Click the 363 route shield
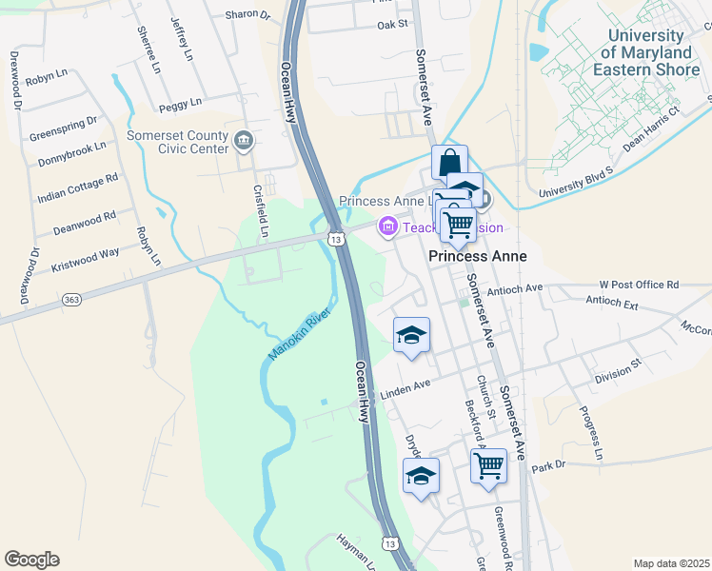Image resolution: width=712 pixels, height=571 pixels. pos(71,300)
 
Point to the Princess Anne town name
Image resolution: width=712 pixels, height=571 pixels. pos(477,257)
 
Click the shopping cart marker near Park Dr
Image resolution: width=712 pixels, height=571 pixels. pos(488,466)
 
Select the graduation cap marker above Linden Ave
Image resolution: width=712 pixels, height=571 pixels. pos(411,335)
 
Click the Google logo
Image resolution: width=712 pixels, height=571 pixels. pos(31,560)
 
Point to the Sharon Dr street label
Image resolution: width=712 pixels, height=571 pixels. pos(247,15)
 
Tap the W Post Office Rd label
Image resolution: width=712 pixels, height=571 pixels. pos(639,285)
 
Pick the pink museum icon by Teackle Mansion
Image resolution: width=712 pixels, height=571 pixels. pos(387,227)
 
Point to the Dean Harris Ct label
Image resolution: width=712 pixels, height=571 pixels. pos(653,129)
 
